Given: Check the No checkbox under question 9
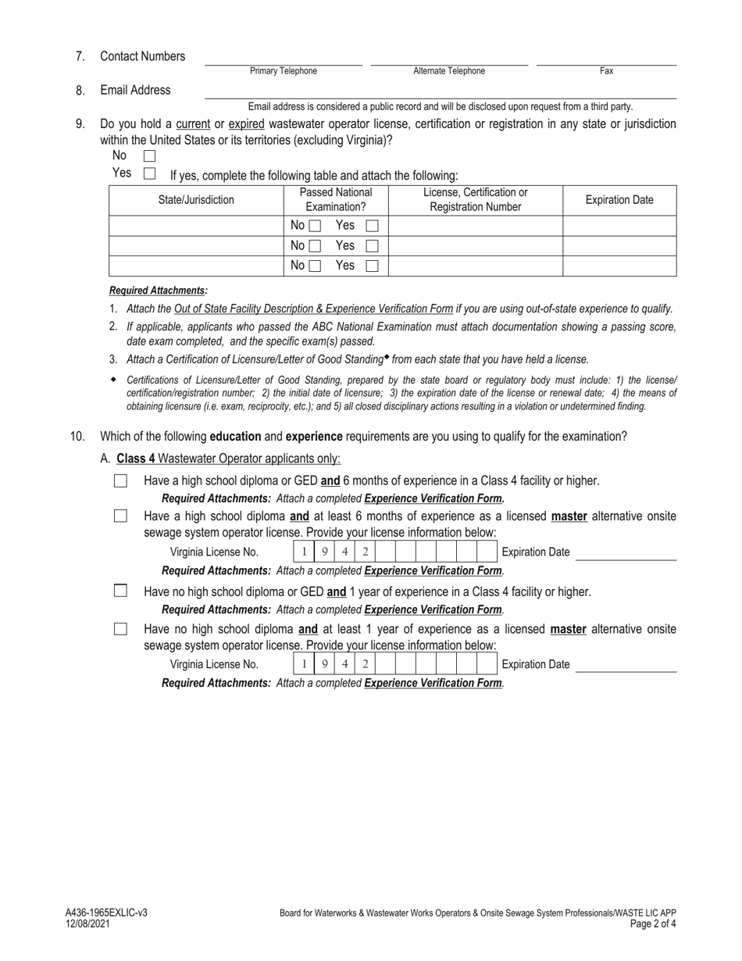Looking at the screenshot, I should point(150,156).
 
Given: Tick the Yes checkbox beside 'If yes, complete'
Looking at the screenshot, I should point(150,173).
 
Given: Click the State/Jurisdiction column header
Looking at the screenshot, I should point(196,200).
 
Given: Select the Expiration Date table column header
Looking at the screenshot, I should point(619,200).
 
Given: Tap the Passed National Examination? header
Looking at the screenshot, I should point(336,200).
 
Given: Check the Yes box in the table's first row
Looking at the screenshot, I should point(373,226).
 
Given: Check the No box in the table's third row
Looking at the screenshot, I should point(314,266).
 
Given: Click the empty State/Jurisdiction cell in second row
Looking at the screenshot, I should point(196,245).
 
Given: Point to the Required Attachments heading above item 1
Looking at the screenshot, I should point(159,291).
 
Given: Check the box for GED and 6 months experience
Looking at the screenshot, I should point(120,481).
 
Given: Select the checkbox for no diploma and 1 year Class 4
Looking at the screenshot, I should point(120,591).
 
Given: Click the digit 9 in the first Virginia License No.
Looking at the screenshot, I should point(324,552).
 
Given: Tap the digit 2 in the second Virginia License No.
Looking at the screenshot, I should point(365,664).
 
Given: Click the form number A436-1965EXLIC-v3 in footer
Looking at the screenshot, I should point(106,913).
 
